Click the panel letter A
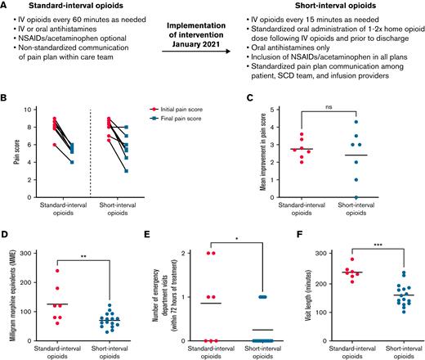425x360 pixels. pyautogui.click(x=5, y=6)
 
